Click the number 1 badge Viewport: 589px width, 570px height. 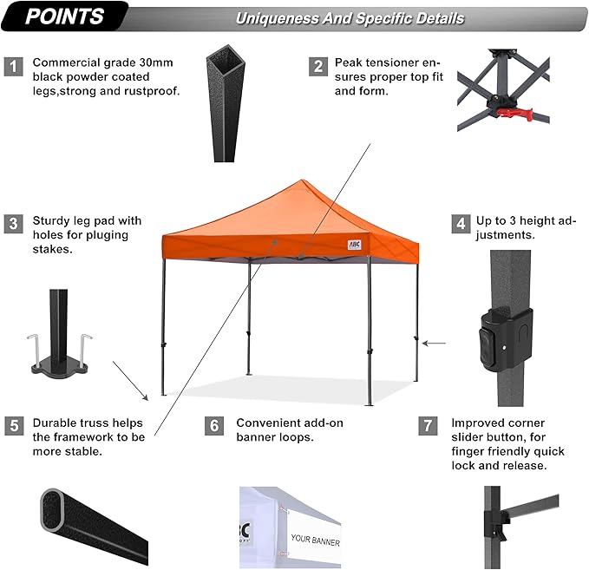pyautogui.click(x=13, y=66)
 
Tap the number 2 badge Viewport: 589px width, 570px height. pyautogui.click(x=319, y=66)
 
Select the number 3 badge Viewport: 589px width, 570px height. pyautogui.click(x=13, y=224)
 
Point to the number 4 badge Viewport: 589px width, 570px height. pyautogui.click(x=460, y=224)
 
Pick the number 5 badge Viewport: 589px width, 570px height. pyautogui.click(x=13, y=425)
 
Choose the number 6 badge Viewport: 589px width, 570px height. pyautogui.click(x=214, y=425)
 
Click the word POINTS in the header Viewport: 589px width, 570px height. pyautogui.click(x=65, y=16)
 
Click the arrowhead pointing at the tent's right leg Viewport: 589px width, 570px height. pyautogui.click(x=426, y=344)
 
